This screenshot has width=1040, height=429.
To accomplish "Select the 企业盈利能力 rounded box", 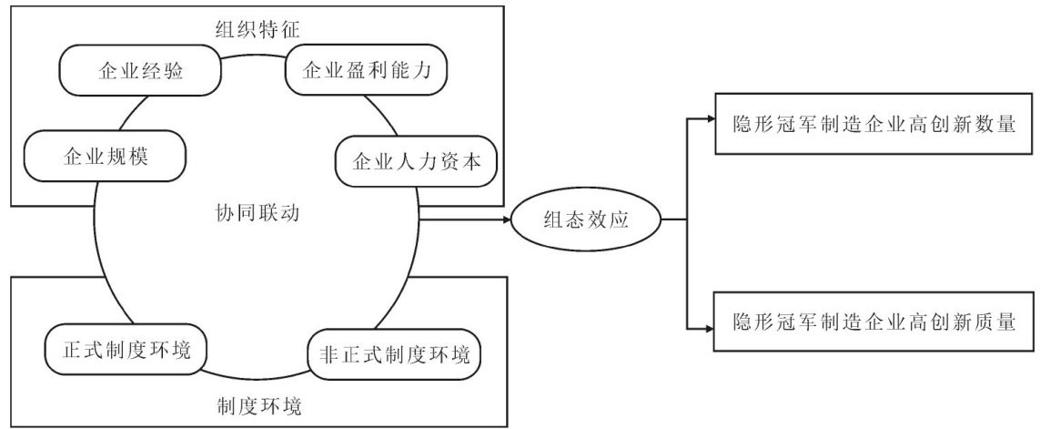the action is click(367, 70).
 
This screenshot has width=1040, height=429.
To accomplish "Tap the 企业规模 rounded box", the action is click(105, 157).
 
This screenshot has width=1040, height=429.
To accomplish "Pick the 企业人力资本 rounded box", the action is click(417, 162).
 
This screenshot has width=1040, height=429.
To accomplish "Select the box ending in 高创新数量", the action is click(874, 125).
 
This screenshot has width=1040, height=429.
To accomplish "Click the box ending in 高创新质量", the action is click(874, 322).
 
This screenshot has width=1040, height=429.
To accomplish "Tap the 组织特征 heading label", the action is click(258, 29).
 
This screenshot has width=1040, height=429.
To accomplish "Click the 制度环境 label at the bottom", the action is click(259, 404).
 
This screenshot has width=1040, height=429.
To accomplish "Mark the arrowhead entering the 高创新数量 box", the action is click(710, 119).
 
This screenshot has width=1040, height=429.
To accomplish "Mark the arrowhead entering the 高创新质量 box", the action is click(710, 327).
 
